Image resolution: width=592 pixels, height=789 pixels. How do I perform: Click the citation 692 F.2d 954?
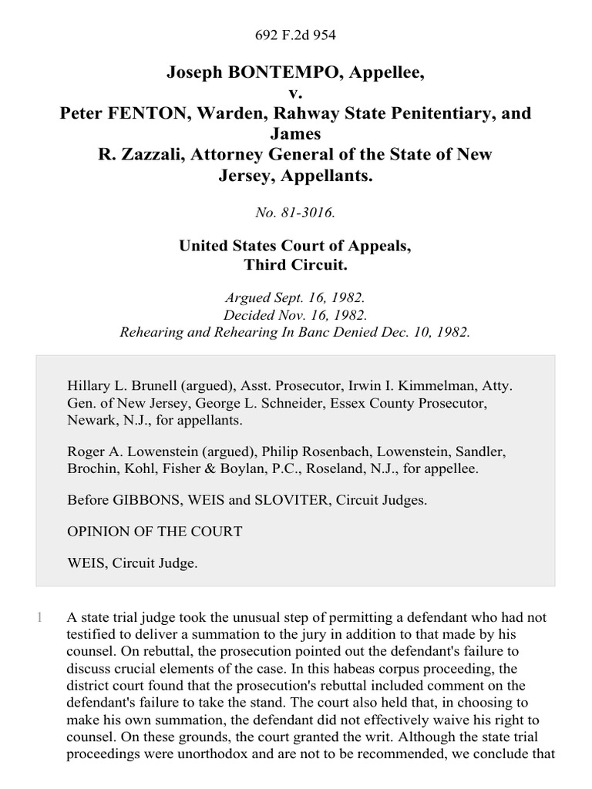tap(296, 35)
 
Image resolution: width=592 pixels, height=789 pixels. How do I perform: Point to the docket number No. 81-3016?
tap(296, 213)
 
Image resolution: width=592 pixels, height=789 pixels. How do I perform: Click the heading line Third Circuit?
tap(296, 266)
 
